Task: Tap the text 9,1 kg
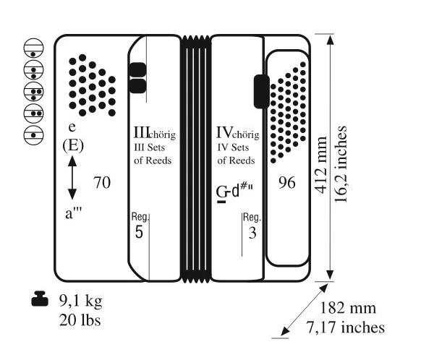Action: coord(81,301)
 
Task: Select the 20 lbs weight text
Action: coord(80,320)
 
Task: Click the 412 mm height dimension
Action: coord(321,166)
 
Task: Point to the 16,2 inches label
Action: coord(341,164)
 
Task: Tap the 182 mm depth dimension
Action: coord(348,308)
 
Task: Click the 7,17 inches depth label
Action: coord(346,327)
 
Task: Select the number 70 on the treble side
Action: coord(102,183)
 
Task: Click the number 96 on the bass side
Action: coord(287,183)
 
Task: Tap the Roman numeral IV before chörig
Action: coord(224,132)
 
